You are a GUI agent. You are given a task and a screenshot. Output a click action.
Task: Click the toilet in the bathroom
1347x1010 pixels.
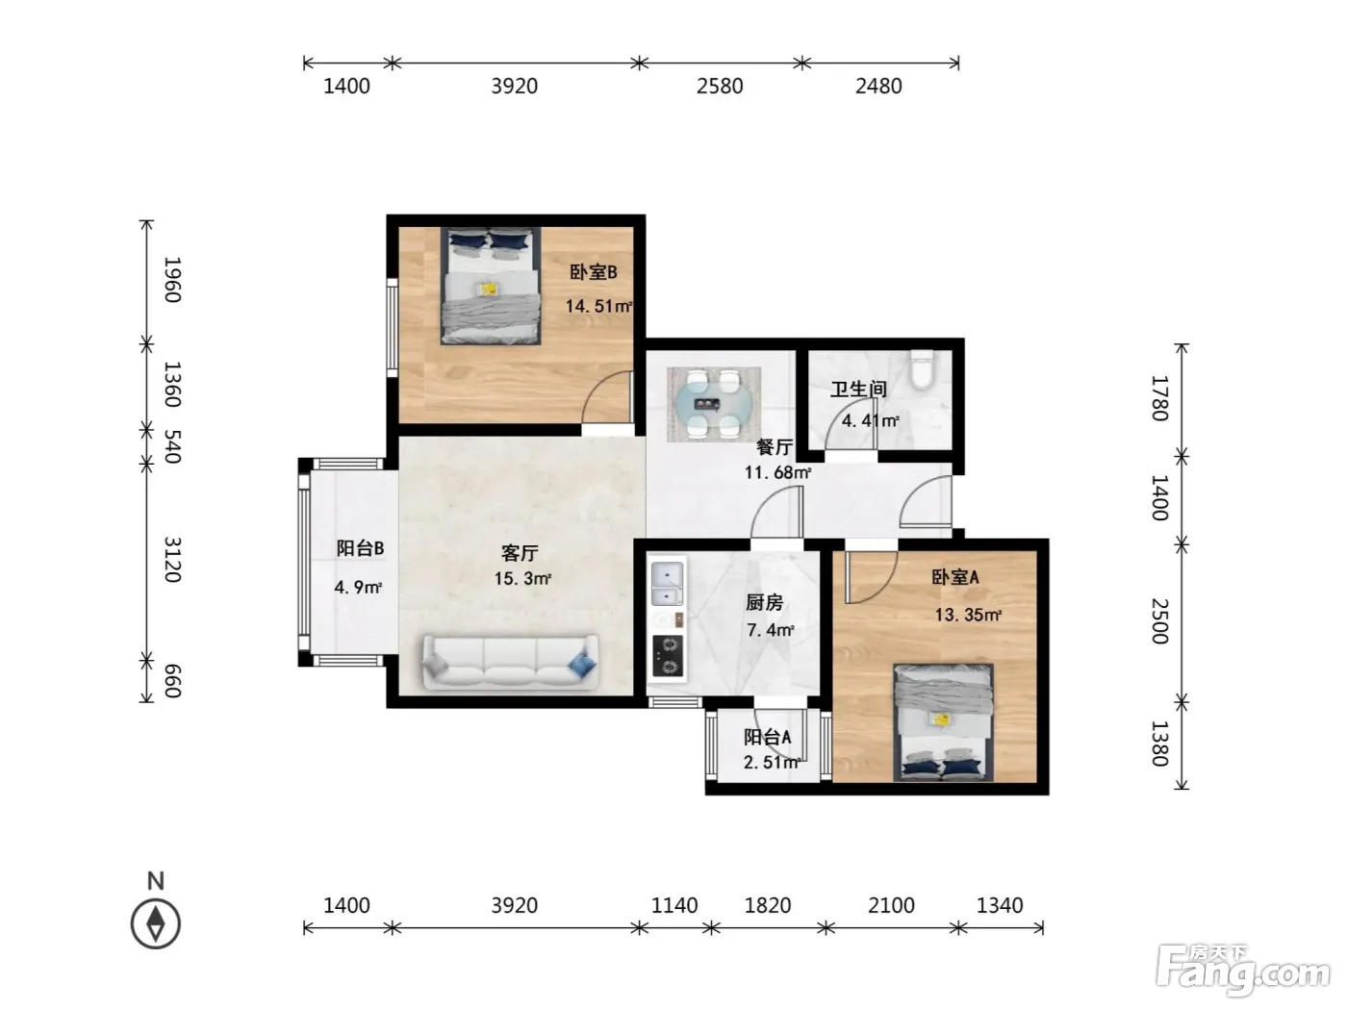pyautogui.click(x=921, y=369)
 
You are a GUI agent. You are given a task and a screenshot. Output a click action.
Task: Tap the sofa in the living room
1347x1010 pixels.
pyautogui.click(x=509, y=662)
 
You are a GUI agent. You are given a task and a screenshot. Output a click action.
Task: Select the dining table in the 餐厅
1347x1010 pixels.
pyautogui.click(x=714, y=404)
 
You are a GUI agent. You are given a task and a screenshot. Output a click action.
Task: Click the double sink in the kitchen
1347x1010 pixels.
pyautogui.click(x=667, y=584)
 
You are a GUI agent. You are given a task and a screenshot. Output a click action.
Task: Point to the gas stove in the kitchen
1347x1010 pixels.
pyautogui.click(x=668, y=656)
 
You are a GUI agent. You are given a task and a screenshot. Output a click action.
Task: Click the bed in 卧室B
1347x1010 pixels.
pyautogui.click(x=491, y=286)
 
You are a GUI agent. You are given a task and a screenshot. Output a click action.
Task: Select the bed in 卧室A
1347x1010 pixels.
pyautogui.click(x=943, y=722)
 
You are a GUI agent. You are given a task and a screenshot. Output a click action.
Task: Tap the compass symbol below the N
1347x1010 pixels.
pyautogui.click(x=156, y=923)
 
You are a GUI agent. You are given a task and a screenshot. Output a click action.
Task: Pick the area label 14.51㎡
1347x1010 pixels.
pyautogui.click(x=598, y=305)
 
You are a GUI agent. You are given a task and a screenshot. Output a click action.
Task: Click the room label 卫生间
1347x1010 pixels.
pyautogui.click(x=858, y=389)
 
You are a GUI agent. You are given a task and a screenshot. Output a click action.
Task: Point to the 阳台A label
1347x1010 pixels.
pyautogui.click(x=767, y=737)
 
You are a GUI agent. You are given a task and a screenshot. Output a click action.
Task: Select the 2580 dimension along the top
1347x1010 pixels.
pyautogui.click(x=720, y=86)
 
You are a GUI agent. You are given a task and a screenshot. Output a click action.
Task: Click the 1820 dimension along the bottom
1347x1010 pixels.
pyautogui.click(x=768, y=905)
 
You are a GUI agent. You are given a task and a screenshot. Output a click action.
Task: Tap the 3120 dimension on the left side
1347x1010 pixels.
pyautogui.click(x=172, y=559)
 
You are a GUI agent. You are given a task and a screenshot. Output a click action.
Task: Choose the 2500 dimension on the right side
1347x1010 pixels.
pyautogui.click(x=1159, y=621)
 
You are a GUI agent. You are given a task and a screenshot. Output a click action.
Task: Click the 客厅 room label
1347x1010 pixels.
pyautogui.click(x=520, y=553)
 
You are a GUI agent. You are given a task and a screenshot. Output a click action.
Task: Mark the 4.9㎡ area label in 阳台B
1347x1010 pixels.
pyautogui.click(x=358, y=587)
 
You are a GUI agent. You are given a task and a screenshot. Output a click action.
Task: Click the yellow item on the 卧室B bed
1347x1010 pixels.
pyautogui.click(x=489, y=289)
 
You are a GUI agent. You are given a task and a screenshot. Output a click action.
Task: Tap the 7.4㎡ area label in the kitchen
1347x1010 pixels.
pyautogui.click(x=771, y=630)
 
